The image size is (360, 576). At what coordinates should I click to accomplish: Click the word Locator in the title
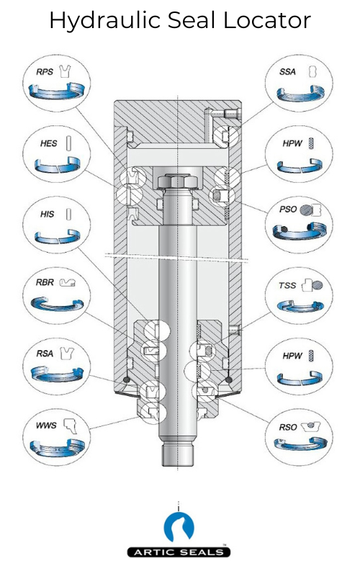click(x=268, y=20)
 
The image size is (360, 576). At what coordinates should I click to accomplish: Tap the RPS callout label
click(x=45, y=73)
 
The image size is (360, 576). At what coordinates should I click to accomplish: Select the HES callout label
click(x=48, y=144)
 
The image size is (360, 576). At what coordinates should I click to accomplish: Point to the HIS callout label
click(x=48, y=215)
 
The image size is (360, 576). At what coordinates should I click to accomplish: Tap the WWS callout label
click(x=45, y=425)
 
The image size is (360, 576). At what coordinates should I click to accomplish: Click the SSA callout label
click(x=288, y=73)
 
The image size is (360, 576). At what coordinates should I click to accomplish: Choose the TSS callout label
click(x=287, y=285)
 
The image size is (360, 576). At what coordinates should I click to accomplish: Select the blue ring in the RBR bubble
click(x=58, y=305)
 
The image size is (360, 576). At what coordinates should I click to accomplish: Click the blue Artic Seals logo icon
click(x=179, y=527)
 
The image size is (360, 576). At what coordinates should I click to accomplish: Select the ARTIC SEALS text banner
click(x=179, y=552)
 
